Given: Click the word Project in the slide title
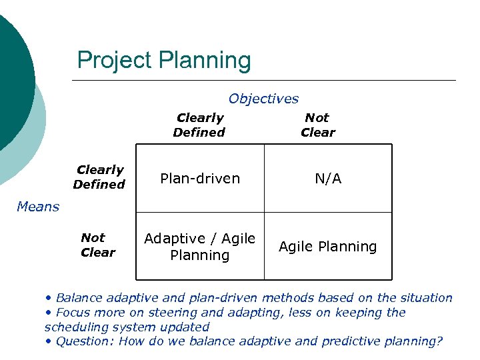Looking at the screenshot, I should click(x=115, y=61).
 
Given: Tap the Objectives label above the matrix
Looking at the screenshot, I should click(x=263, y=99).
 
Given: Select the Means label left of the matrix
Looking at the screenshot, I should click(x=38, y=207).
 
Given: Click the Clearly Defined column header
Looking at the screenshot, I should click(x=199, y=125).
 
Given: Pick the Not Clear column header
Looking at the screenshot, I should click(x=317, y=125).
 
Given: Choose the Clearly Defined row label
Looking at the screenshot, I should click(x=99, y=177).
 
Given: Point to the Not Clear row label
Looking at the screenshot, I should click(x=97, y=245).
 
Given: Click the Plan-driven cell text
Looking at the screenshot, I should click(x=199, y=179).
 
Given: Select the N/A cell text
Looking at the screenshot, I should click(x=329, y=179).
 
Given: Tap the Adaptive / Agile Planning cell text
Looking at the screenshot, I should click(x=199, y=247).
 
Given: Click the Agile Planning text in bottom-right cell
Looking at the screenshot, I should click(x=327, y=247).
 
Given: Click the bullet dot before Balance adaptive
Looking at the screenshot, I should click(x=49, y=298).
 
